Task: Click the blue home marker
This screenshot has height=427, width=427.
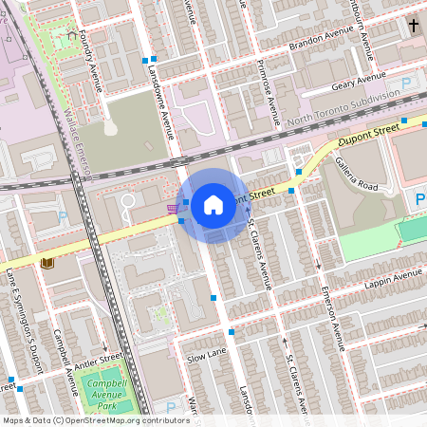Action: click(213, 205)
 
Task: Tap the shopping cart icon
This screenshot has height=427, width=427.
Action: click(172, 209)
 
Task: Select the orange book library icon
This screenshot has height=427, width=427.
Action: click(46, 263)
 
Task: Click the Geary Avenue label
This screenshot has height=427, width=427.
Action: click(358, 82)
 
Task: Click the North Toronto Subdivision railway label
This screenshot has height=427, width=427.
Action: click(343, 111)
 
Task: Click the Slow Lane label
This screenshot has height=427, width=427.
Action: click(206, 356)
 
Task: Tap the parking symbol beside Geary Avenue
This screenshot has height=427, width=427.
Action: click(407, 84)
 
